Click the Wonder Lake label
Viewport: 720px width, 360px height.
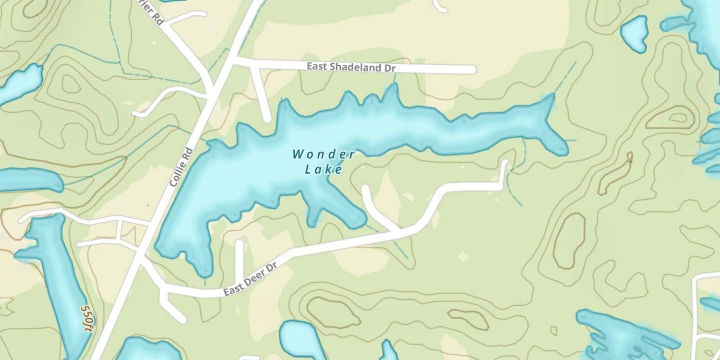click(x=324, y=162)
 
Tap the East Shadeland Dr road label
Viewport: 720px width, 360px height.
click(x=351, y=67)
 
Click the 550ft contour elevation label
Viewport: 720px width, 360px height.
click(x=87, y=318)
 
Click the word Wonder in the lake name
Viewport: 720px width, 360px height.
click(x=324, y=155)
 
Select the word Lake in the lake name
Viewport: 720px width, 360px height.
click(x=324, y=169)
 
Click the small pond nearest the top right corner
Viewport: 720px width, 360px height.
click(x=634, y=33)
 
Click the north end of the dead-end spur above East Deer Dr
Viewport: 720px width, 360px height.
click(x=239, y=244)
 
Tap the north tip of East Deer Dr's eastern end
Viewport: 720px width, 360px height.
click(x=504, y=163)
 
